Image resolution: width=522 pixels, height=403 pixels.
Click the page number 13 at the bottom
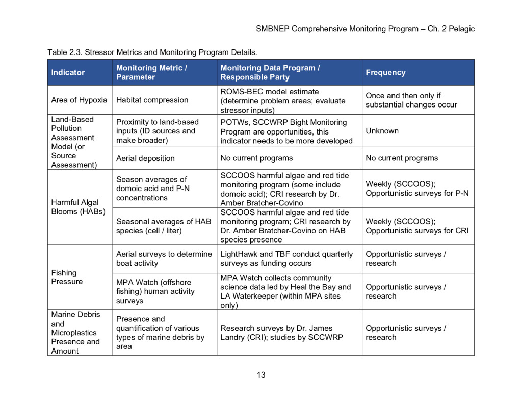coord(261,375)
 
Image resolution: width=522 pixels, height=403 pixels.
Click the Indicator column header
coord(68,72)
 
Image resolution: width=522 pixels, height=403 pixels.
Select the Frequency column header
coord(385,72)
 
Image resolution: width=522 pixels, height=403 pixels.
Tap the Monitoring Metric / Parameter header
coord(151,72)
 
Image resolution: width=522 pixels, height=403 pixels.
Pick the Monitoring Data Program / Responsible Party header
coord(270,72)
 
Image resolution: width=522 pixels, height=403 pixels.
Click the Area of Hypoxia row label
coord(79,100)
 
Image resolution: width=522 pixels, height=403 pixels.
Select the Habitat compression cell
coord(152,100)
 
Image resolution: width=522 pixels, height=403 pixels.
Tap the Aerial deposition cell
coord(145,158)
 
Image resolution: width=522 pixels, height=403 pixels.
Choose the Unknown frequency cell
coord(382,131)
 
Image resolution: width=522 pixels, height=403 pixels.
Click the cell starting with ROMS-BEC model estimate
coord(282,100)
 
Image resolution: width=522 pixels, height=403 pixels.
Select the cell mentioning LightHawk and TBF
coord(286,259)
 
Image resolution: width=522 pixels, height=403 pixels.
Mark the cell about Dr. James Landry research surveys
coord(281,333)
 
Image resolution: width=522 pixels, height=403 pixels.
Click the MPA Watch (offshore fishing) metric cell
coord(155,291)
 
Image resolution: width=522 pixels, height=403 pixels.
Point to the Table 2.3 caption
coord(152,52)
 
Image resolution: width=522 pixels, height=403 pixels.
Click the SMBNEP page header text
coord(365,29)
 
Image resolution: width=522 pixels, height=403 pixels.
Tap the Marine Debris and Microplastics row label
coord(75,333)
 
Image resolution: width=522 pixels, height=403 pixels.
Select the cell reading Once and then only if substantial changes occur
coord(411,100)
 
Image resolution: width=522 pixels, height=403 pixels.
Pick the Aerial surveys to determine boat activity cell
coord(164,259)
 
